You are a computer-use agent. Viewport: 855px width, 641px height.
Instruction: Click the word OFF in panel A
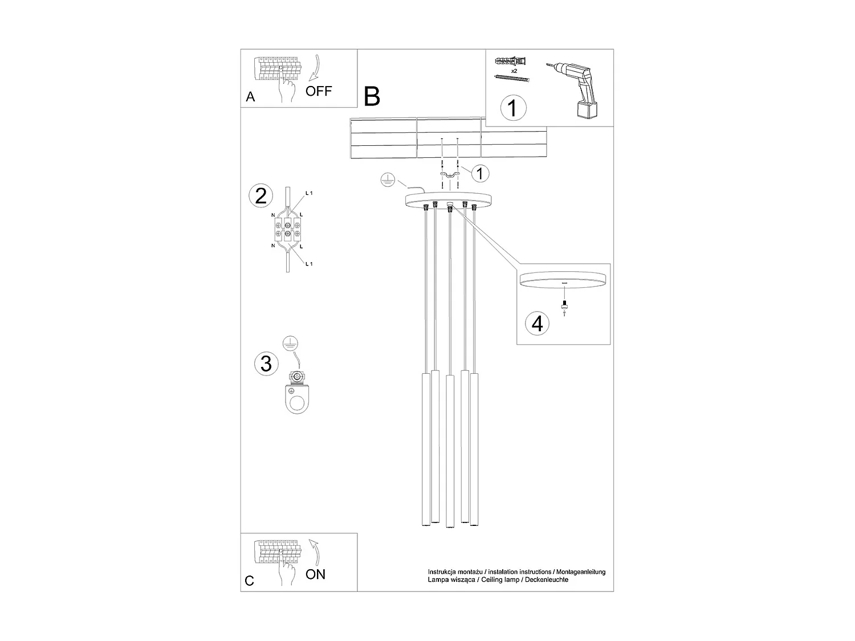coord(318,91)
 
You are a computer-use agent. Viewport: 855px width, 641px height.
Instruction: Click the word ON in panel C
coord(315,574)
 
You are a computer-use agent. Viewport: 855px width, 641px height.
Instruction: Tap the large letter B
coord(372,96)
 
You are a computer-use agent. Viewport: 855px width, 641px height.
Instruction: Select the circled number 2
coord(261,195)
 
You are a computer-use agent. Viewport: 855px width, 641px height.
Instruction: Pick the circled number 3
coord(266,364)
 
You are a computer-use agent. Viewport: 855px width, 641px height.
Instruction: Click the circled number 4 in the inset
coord(537,323)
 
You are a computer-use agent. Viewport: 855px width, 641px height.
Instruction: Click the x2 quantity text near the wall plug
coord(514,71)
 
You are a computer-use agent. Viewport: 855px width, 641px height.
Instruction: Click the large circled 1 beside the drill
coord(512,107)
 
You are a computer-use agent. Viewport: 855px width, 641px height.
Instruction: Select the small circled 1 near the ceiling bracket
coord(480,172)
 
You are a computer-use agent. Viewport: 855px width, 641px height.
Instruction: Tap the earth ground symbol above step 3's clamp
coord(291,344)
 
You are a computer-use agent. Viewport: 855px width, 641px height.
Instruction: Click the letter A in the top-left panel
coord(250,97)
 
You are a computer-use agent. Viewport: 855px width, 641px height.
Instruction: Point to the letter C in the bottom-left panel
coord(249,581)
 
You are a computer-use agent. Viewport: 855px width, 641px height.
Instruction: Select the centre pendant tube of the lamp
coord(450,450)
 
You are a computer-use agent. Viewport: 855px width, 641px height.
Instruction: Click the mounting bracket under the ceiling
coord(449,175)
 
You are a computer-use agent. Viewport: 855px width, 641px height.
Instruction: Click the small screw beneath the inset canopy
coord(564,304)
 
